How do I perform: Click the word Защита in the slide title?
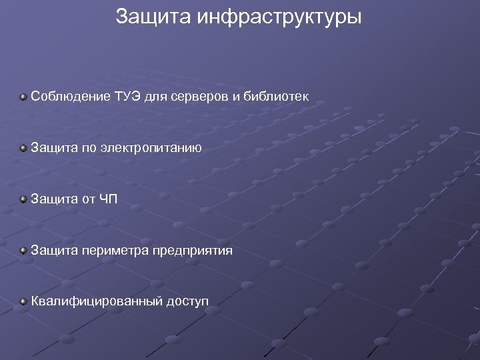click(153, 17)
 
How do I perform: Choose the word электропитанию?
click(151, 147)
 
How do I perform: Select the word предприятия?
click(192, 251)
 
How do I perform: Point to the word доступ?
click(187, 302)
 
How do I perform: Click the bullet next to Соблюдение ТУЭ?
click(23, 97)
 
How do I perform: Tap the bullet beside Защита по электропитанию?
click(23, 148)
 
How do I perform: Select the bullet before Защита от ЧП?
click(23, 199)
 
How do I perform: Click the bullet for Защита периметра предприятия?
click(23, 251)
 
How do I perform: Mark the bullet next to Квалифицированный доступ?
click(23, 302)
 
